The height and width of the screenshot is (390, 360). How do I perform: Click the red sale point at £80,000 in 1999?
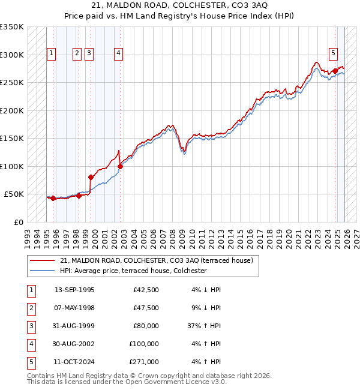[91, 177]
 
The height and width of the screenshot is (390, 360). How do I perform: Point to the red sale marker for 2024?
[335, 71]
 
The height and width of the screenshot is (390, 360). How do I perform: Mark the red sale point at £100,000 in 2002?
[121, 166]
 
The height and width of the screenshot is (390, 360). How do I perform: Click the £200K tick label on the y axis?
[12, 110]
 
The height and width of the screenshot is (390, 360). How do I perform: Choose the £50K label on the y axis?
[14, 194]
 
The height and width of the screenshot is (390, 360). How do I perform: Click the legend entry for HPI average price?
[133, 271]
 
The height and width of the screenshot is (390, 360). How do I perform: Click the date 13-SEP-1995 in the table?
[74, 290]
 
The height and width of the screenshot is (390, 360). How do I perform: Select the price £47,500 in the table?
[146, 308]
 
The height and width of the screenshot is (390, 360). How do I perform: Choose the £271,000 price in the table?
[144, 362]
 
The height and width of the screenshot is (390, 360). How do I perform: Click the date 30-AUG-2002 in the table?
[74, 344]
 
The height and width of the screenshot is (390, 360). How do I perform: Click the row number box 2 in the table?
[30, 308]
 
